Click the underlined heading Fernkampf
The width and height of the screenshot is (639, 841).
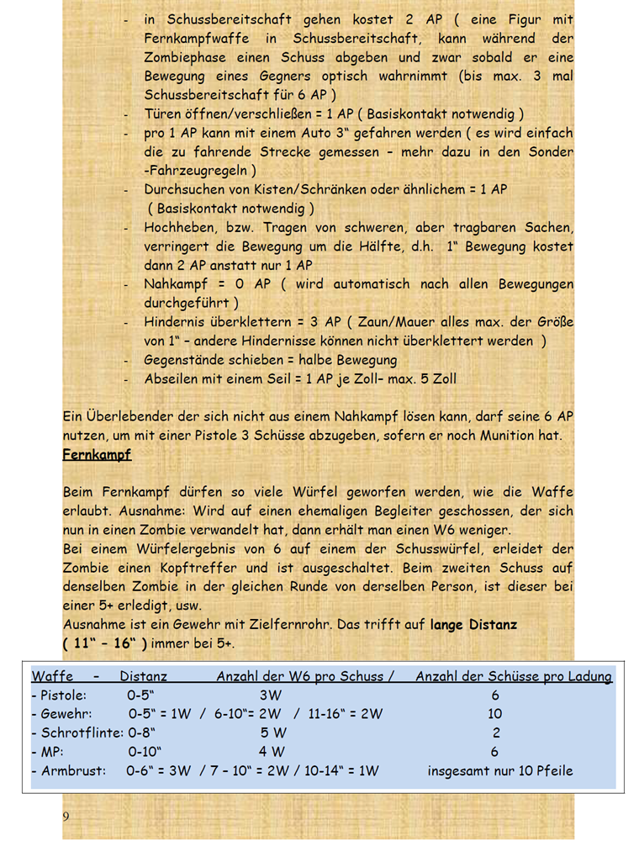pyautogui.click(x=97, y=455)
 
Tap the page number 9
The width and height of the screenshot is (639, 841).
pyautogui.click(x=66, y=817)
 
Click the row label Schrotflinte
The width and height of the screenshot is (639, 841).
pyautogui.click(x=77, y=733)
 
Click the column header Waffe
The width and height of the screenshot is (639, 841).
pyautogui.click(x=52, y=676)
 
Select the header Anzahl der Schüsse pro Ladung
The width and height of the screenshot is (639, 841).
pyautogui.click(x=514, y=676)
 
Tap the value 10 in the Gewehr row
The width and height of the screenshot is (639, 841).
pyautogui.click(x=496, y=714)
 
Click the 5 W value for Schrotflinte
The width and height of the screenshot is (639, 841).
pyautogui.click(x=273, y=733)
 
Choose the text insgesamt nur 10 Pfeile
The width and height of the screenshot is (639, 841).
pyautogui.click(x=500, y=770)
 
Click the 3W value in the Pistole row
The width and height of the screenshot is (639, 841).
pyautogui.click(x=271, y=696)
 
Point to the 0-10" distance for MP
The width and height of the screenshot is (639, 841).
pyautogui.click(x=145, y=751)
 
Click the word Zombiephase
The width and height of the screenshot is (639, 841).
pyautogui.click(x=190, y=58)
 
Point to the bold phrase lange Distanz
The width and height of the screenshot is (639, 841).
pyautogui.click(x=473, y=625)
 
